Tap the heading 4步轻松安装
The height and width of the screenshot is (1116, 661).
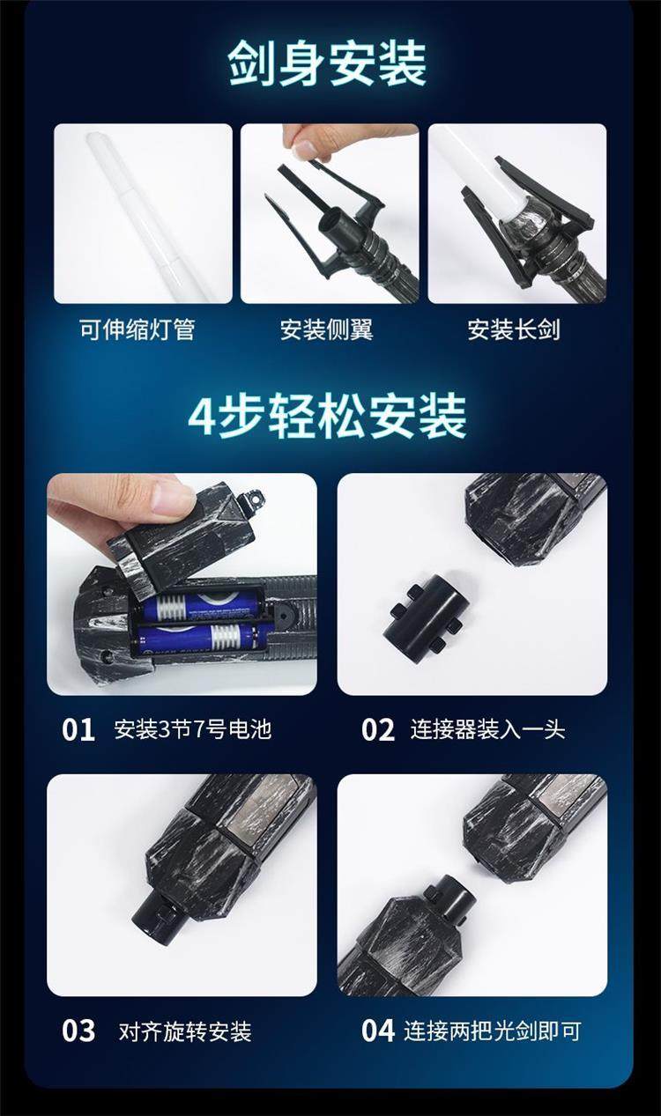[328, 417]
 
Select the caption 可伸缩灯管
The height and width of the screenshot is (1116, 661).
[137, 329]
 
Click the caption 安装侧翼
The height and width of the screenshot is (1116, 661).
[326, 329]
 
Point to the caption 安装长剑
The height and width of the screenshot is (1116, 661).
[514, 329]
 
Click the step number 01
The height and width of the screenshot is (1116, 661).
[78, 730]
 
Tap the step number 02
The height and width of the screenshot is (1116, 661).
[378, 730]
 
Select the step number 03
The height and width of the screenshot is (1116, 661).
[78, 1031]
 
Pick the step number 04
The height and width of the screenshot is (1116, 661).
[378, 1031]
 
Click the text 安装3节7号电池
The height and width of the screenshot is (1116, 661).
[193, 729]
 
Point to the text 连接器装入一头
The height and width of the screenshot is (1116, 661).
[488, 729]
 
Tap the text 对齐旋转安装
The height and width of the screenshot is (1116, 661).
[185, 1031]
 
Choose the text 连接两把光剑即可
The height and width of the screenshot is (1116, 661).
[493, 1031]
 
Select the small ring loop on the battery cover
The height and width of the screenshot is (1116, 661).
[255, 496]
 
